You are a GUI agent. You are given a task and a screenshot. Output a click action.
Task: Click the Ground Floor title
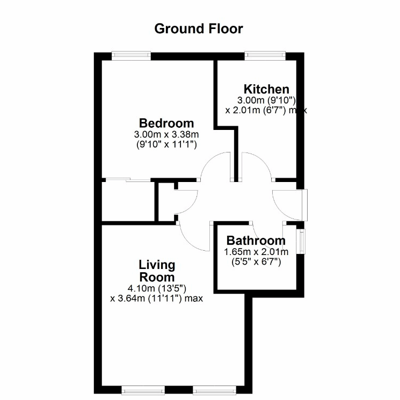[x=199, y=29]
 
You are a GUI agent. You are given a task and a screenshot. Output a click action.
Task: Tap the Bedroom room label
[x=166, y=123]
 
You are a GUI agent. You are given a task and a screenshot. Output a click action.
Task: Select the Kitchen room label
[x=266, y=89]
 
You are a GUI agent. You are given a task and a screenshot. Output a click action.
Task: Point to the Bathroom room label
[x=256, y=241]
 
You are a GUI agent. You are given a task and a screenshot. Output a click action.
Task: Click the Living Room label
[x=157, y=271]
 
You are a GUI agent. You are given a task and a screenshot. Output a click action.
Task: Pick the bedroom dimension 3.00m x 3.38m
[x=166, y=134]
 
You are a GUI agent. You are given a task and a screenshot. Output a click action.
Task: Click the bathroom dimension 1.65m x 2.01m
[x=256, y=252]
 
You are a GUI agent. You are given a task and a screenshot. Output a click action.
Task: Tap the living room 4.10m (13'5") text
[x=157, y=288]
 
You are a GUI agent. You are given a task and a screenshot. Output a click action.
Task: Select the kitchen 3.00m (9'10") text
[x=266, y=100]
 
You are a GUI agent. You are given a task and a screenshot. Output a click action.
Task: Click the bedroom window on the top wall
[x=131, y=56]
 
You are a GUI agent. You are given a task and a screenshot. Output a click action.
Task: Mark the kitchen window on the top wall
[x=265, y=56]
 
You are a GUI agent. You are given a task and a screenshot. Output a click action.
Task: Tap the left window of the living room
[x=143, y=390]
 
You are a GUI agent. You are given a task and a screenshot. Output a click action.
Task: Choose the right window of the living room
[x=214, y=390]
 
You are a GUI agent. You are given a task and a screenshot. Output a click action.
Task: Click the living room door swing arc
[x=189, y=242]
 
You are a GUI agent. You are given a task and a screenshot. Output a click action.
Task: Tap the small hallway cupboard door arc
[x=192, y=207]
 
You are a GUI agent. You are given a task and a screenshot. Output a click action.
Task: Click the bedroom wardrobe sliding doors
[x=128, y=180]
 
